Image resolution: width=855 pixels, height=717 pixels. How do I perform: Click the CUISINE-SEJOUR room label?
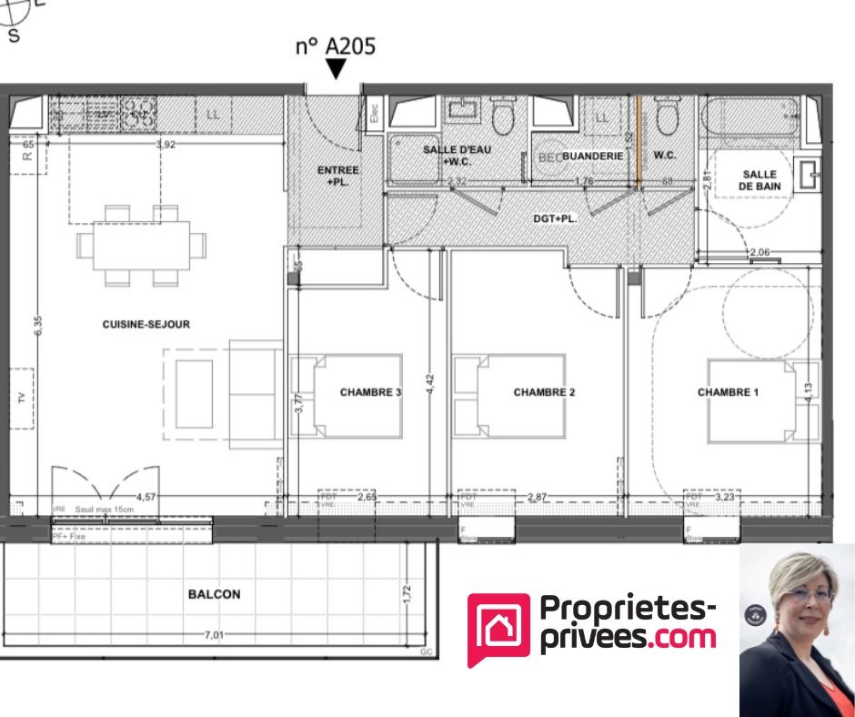[x=146, y=324]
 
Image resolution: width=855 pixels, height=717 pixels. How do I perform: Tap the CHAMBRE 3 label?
[x=370, y=392]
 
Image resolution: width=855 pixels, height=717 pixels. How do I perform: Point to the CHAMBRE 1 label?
[x=728, y=392]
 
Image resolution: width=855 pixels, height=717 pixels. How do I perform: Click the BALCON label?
[x=215, y=594]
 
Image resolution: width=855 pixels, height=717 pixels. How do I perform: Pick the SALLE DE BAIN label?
[x=759, y=180]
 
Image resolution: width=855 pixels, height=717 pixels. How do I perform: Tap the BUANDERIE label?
[x=592, y=157]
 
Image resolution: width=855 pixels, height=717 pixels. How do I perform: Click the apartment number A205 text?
[x=335, y=45]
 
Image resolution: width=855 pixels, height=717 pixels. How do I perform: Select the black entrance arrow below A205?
[x=337, y=69]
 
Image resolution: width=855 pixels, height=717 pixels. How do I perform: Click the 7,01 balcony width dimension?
[x=215, y=634]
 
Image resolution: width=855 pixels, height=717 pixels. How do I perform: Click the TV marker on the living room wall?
[x=21, y=398]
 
